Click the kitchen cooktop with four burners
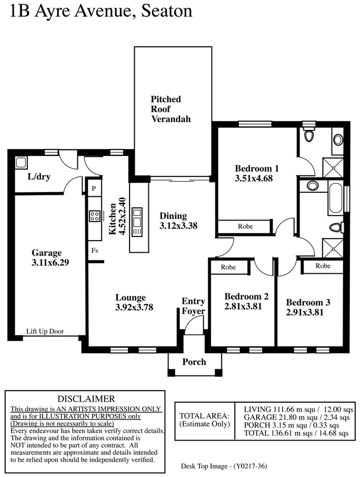click(x=95, y=216)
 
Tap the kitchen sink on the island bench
click(x=137, y=215)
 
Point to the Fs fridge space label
click(x=95, y=251)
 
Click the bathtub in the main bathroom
click(x=335, y=198)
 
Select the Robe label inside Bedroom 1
click(x=245, y=226)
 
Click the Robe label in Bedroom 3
click(x=323, y=266)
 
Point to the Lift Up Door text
click(x=45, y=331)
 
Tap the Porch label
click(x=194, y=362)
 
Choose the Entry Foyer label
click(x=193, y=306)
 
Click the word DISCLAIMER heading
click(x=86, y=399)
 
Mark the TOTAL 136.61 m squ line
click(x=296, y=433)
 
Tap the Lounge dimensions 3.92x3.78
click(x=134, y=307)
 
